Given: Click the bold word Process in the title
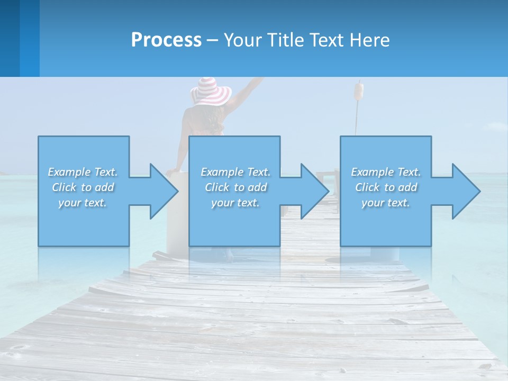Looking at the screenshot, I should tap(166, 40).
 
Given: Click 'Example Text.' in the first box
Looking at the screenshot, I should tap(83, 172).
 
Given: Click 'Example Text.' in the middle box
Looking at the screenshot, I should tap(235, 172).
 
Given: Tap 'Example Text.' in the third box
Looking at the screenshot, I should tap(386, 172).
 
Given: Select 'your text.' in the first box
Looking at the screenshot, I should tap(83, 203).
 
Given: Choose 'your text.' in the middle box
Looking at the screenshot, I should tap(235, 203).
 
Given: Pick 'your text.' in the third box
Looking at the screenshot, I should tap(386, 203).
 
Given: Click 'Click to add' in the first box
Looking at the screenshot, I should tap(83, 187).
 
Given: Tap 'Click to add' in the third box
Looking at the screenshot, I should tap(386, 187).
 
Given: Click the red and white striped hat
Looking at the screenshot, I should tap(211, 90).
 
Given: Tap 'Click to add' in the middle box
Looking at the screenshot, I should tap(235, 187).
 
